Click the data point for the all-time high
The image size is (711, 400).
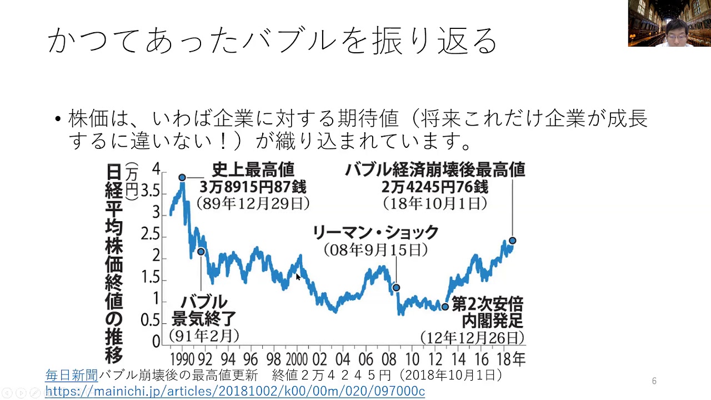point(182,178)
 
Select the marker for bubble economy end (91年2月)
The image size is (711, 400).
point(201,252)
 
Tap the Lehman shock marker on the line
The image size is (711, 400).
point(396,288)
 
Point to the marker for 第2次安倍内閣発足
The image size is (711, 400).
point(445,307)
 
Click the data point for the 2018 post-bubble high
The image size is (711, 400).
point(512,241)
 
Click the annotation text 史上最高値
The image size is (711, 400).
point(253,169)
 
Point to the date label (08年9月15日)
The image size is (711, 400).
point(375,250)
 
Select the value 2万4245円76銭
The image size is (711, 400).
point(434,187)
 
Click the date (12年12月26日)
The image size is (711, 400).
point(472,338)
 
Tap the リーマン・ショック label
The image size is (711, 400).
point(375,232)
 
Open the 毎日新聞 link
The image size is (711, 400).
point(71,376)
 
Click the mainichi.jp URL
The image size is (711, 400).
point(234,391)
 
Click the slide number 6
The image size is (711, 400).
point(654,381)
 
